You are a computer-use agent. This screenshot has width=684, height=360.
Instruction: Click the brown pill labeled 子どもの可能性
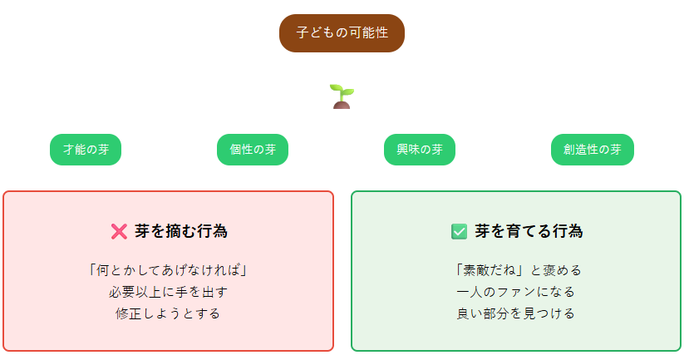click(342, 33)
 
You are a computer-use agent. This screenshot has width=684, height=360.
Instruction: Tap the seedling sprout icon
click(342, 96)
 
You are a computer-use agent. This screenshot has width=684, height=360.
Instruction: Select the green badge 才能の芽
click(86, 150)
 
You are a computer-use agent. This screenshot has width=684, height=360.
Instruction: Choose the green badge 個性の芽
click(253, 150)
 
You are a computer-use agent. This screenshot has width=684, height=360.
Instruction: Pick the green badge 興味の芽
click(420, 150)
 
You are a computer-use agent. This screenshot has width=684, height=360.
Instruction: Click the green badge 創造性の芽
click(593, 150)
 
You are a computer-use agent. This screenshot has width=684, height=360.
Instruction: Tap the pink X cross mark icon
click(119, 232)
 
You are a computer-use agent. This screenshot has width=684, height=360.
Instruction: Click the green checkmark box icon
click(459, 232)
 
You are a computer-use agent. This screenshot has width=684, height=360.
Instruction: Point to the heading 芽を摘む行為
click(181, 231)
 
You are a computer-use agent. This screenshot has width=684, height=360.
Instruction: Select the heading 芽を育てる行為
click(529, 231)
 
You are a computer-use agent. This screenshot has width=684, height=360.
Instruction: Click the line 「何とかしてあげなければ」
click(168, 270)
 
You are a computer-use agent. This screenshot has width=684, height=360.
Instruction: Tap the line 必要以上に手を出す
click(168, 292)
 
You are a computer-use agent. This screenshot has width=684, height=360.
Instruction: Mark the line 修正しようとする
click(168, 313)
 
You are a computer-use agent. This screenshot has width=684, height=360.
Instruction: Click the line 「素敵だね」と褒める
click(518, 270)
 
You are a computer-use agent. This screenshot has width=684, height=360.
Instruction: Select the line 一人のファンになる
click(515, 292)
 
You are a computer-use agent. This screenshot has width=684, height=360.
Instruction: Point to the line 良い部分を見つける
click(515, 313)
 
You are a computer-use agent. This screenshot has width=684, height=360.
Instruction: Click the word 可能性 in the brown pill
click(369, 32)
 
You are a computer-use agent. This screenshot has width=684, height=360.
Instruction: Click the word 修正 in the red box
click(129, 313)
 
